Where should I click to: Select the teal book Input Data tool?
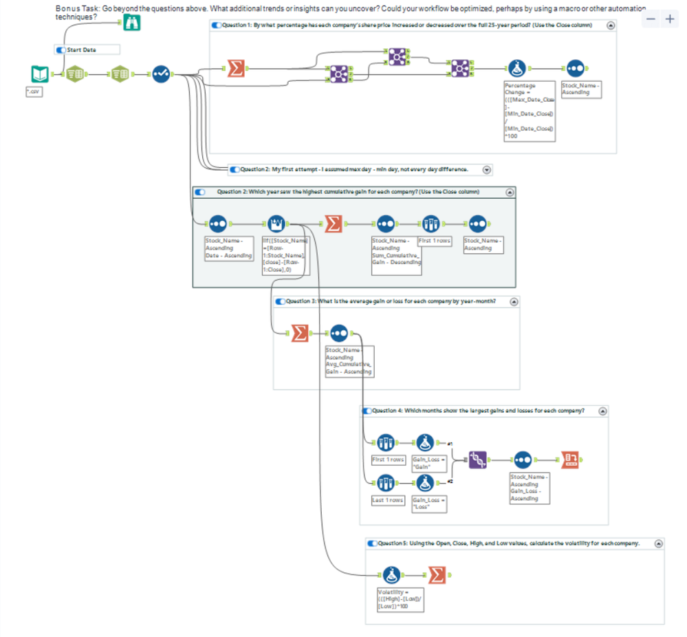40,74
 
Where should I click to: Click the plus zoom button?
670,20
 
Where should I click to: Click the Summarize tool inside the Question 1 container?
236,68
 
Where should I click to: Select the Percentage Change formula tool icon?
518,68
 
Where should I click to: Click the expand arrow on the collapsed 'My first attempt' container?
487,169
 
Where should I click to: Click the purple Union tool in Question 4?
478,460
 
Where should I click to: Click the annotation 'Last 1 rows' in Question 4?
388,500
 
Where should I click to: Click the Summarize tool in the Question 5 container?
437,574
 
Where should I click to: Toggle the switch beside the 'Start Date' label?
61,50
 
